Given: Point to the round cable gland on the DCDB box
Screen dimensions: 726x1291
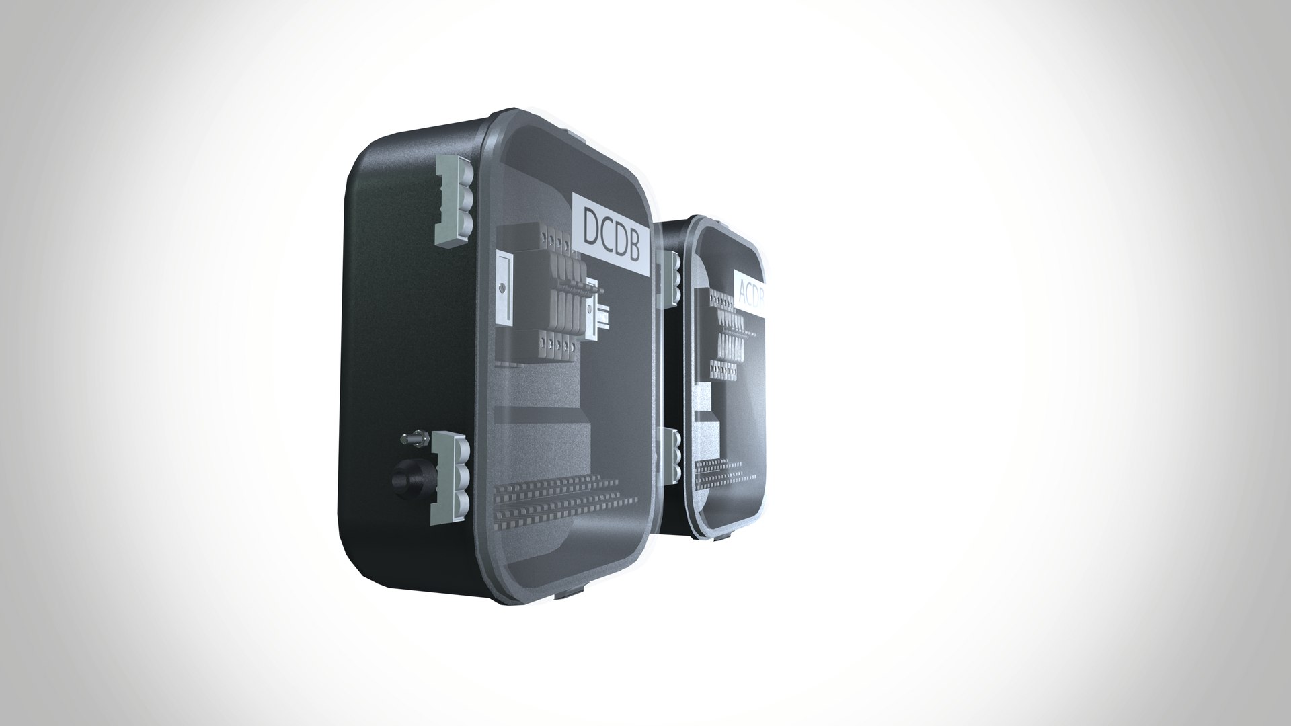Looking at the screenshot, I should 407,479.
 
